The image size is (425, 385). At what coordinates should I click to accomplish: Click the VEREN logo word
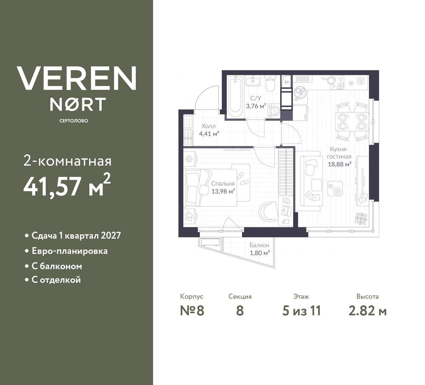point(77,78)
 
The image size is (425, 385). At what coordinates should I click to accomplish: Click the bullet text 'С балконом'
point(57,266)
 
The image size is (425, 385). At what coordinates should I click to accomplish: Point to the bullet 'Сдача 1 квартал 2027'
point(76,236)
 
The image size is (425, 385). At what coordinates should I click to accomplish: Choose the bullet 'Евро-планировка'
point(69,251)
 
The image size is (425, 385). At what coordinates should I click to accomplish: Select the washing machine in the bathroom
point(275,112)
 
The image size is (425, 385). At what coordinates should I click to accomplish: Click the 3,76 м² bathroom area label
point(256,106)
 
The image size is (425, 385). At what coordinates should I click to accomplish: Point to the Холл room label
point(209,126)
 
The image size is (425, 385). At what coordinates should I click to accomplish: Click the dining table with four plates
point(352,122)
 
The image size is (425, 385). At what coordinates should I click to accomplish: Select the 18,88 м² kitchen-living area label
point(340,164)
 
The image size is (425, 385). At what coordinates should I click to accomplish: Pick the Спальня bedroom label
point(223,184)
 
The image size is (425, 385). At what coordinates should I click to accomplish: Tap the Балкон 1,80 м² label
point(259,249)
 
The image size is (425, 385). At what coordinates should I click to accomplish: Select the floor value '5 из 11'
point(301,311)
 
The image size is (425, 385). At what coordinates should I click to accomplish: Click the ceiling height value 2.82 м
point(368,311)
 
